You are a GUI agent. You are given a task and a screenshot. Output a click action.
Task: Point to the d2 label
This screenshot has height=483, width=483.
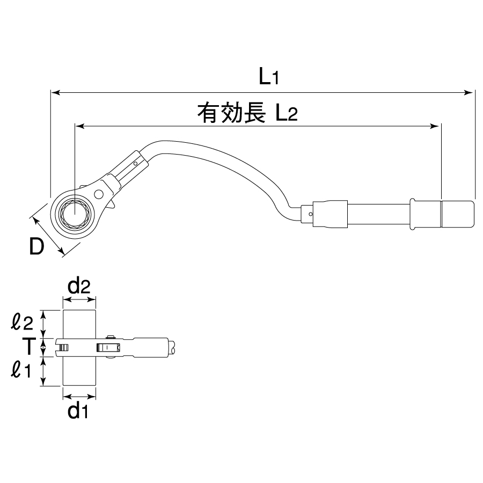[80, 287]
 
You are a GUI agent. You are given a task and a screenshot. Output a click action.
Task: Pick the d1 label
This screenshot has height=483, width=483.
[78, 412]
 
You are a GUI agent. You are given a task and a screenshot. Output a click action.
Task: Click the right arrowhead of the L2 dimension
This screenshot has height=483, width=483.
[436, 127]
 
